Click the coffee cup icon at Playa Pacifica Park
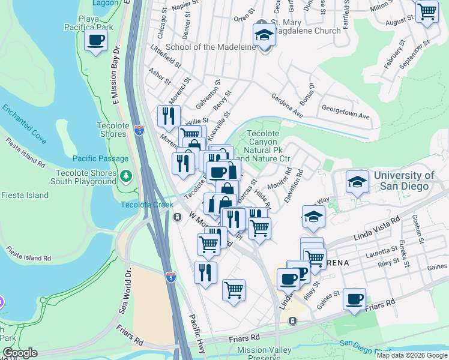click(95, 41)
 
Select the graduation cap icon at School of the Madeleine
click(264, 35)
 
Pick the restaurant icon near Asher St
click(169, 115)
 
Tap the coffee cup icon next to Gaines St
click(355, 299)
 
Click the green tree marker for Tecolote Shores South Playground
click(125, 176)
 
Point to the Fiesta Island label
click(25, 195)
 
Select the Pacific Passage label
click(100, 158)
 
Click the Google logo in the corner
click(19, 353)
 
